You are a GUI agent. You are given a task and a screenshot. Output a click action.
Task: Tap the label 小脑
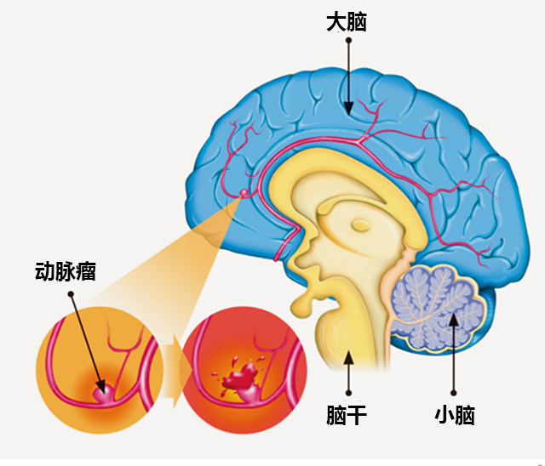click(454, 416)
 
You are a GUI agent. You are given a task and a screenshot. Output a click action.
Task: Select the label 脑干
click(347, 416)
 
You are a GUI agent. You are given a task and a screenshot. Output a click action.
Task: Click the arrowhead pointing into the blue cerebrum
click(347, 107)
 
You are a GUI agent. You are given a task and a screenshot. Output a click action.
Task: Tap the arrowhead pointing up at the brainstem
click(347, 356)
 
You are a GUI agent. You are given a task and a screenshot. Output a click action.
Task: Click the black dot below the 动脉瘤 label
click(72, 293)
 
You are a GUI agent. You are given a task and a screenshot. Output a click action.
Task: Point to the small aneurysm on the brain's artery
click(245, 195)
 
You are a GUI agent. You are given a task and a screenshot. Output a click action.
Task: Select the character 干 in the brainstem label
click(357, 416)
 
